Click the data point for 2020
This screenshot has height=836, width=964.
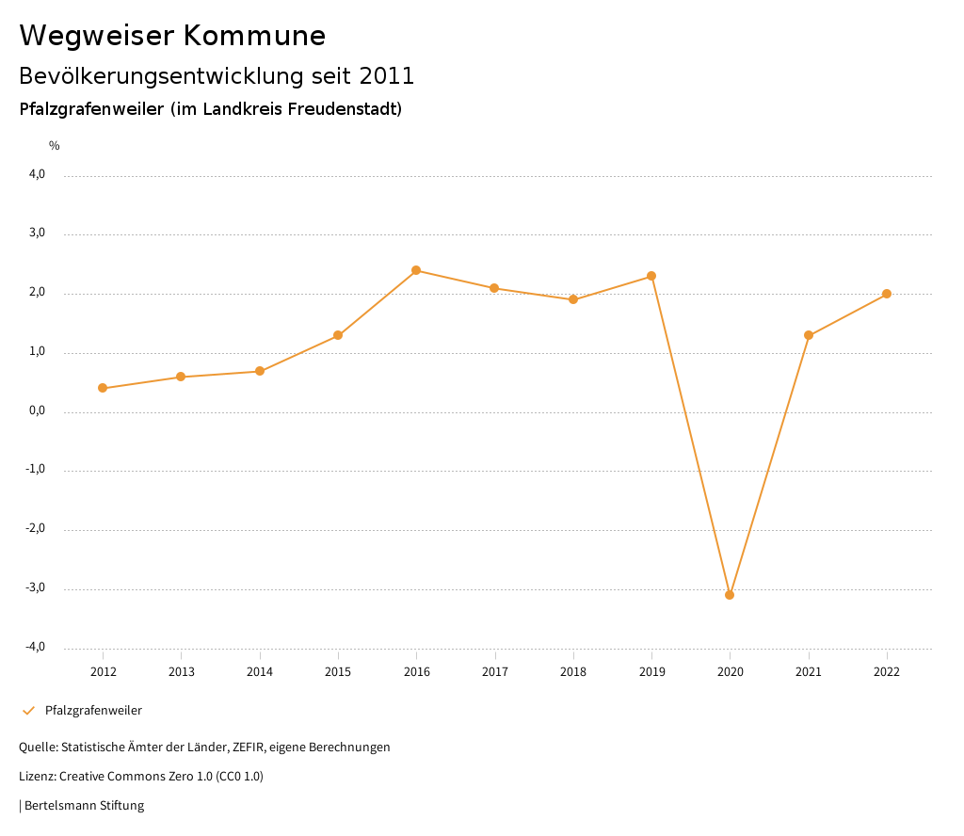pyautogui.click(x=730, y=595)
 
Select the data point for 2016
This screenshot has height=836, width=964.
pyautogui.click(x=416, y=270)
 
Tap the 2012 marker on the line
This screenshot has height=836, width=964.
pyautogui.click(x=103, y=388)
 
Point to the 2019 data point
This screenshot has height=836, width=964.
pyautogui.click(x=651, y=276)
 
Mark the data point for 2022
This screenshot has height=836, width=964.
pyautogui.click(x=887, y=294)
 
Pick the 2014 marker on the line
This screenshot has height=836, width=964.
pyautogui.click(x=260, y=371)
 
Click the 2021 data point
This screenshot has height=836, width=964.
pyautogui.click(x=809, y=335)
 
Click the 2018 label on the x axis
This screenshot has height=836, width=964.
pyautogui.click(x=573, y=672)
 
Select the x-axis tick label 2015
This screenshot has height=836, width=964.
pyautogui.click(x=338, y=672)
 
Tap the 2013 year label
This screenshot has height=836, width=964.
pyautogui.click(x=182, y=672)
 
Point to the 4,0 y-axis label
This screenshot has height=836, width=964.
pyautogui.click(x=37, y=174)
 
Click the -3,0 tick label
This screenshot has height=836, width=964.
pyautogui.click(x=35, y=587)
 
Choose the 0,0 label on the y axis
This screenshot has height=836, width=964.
pyautogui.click(x=37, y=410)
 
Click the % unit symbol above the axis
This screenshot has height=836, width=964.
pyautogui.click(x=55, y=146)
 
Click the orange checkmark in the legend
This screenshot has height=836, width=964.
pyautogui.click(x=28, y=711)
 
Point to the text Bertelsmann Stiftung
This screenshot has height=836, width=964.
pyautogui.click(x=84, y=806)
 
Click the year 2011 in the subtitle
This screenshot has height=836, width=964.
pyautogui.click(x=387, y=75)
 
